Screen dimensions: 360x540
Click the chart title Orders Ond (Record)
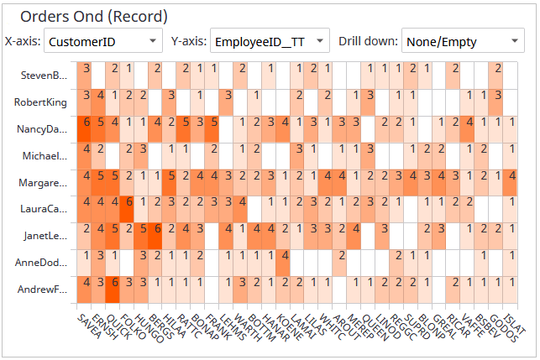[93, 16]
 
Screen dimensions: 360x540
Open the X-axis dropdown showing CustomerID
[103, 40]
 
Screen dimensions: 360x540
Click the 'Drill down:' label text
[368, 40]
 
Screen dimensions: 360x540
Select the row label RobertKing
[40, 102]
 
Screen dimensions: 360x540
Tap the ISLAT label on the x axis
[514, 321]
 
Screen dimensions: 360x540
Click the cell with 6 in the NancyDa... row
[86, 123]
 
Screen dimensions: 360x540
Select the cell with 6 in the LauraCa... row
[128, 202]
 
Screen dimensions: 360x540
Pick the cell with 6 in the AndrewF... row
[114, 283]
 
